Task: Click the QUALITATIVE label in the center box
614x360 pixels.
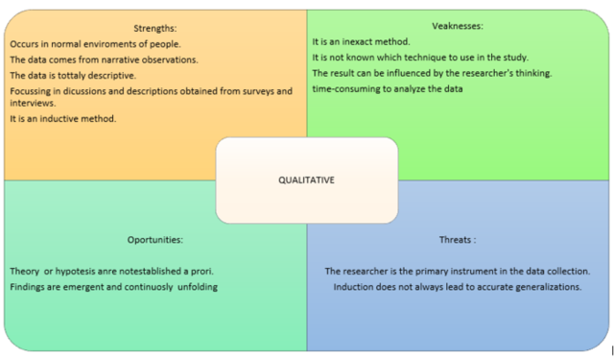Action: (306, 180)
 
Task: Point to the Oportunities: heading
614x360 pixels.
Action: (154, 239)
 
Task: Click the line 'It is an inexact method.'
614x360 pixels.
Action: (361, 42)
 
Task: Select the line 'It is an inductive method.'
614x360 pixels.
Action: (62, 118)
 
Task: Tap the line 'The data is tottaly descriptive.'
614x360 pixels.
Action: (73, 75)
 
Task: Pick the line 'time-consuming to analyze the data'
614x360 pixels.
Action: (388, 88)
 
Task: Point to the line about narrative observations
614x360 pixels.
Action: (104, 60)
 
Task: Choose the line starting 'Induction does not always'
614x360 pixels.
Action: (458, 287)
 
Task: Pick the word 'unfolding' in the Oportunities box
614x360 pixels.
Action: (195, 287)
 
